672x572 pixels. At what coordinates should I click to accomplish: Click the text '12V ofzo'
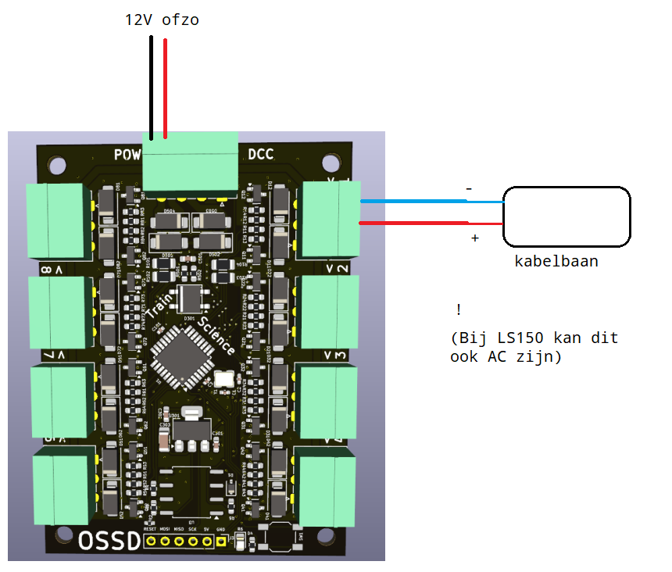click(x=162, y=20)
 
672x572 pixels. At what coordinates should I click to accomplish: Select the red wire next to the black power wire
click(x=165, y=86)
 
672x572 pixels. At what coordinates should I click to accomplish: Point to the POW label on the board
click(x=126, y=154)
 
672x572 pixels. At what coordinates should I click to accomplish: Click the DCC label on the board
click(x=260, y=154)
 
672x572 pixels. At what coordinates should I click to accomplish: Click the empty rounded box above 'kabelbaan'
click(x=567, y=215)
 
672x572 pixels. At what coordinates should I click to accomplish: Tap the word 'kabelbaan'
click(x=556, y=261)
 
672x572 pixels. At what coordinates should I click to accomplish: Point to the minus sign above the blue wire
click(x=469, y=189)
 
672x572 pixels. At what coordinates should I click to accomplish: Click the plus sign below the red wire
click(x=474, y=237)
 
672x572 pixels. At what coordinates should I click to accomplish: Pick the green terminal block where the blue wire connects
click(x=331, y=219)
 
